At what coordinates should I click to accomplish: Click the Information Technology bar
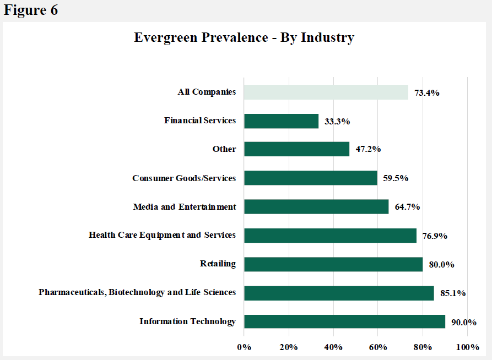pos(344,321)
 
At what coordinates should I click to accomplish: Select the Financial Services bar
pos(281,121)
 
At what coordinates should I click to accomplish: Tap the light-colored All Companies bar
pos(326,92)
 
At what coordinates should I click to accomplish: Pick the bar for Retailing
pos(333,264)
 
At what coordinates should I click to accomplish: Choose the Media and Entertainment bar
pos(316,207)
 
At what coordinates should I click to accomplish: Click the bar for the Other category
pos(296,149)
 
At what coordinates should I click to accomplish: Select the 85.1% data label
pos(453,293)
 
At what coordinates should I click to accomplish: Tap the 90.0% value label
pos(463,322)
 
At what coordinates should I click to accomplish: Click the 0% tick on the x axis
pos(244,347)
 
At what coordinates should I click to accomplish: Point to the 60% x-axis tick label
pos(377,347)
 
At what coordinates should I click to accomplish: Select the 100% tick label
pos(467,347)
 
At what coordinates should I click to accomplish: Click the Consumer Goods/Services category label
pos(184,178)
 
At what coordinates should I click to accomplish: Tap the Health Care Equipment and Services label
pos(162,235)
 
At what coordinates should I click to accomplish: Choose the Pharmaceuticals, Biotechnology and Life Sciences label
pos(137,292)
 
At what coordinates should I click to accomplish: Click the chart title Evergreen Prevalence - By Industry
pos(244,37)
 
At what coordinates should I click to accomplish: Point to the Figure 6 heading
pos(31,10)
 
